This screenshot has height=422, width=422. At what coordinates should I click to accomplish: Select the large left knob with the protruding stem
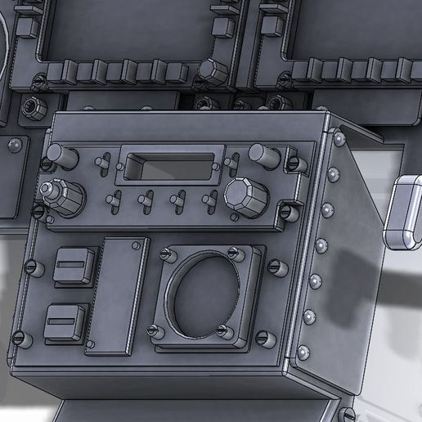63,196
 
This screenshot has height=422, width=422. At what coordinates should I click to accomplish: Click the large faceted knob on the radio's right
243,196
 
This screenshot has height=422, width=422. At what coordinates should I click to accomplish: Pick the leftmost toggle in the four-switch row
114,199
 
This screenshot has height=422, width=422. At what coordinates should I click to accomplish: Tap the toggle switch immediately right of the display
236,160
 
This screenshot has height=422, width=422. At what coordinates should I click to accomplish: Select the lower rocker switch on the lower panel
68,321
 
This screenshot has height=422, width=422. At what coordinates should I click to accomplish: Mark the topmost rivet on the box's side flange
337,140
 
